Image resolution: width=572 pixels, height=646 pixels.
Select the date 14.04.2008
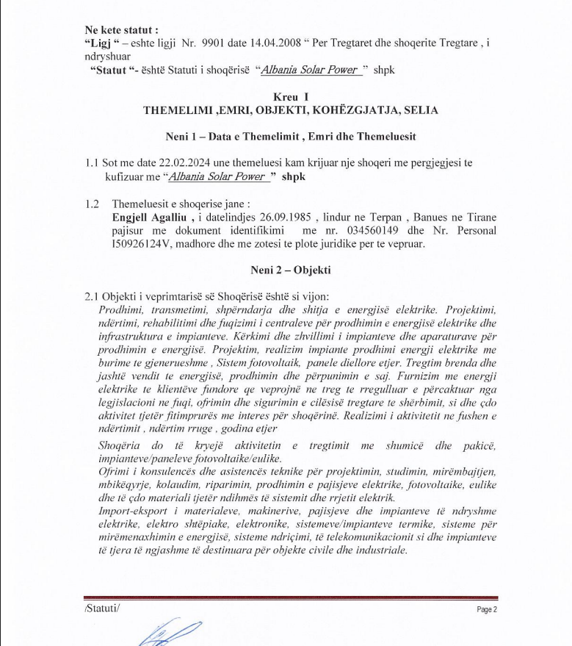tap(271, 43)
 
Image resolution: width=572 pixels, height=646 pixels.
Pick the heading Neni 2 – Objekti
tap(291, 270)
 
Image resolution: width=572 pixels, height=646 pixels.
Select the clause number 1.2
tap(92, 204)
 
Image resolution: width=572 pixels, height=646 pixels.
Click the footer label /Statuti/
tap(101, 609)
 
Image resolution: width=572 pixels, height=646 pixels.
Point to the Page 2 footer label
tap(487, 609)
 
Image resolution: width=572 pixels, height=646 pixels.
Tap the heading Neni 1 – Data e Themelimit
tap(291, 137)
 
